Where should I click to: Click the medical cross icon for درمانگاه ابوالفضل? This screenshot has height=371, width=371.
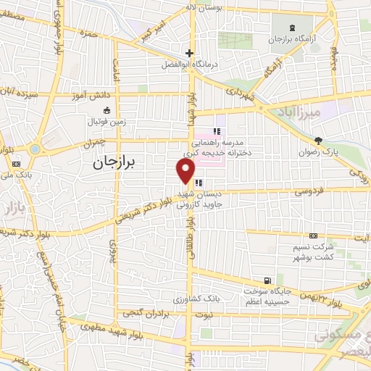pos(189,53)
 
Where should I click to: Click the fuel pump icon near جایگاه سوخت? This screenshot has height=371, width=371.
pos(269,281)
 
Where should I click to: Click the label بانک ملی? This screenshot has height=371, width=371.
pos(15,174)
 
